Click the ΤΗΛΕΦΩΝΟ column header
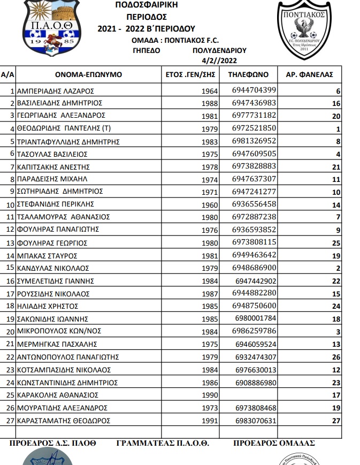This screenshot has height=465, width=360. click(x=248, y=75)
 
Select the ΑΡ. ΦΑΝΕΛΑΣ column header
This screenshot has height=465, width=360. click(x=310, y=75)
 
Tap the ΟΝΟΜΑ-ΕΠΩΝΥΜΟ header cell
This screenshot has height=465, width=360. click(x=88, y=75)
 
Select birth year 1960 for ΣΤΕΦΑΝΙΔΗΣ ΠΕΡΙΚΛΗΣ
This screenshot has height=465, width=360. click(x=210, y=204)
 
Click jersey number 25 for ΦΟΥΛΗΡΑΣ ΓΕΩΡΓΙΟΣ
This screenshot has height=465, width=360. click(x=335, y=243)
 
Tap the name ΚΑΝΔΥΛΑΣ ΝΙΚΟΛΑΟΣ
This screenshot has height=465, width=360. click(x=53, y=268)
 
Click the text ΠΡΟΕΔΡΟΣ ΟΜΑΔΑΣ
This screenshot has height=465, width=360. click(x=274, y=443)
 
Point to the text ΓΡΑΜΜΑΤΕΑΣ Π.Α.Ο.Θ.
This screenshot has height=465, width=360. click(x=162, y=443)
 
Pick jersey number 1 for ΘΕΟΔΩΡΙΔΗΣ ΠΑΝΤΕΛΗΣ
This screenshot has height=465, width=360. click(x=338, y=128)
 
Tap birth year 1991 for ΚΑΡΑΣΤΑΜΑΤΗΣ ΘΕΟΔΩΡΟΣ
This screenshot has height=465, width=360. click(x=210, y=421)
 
